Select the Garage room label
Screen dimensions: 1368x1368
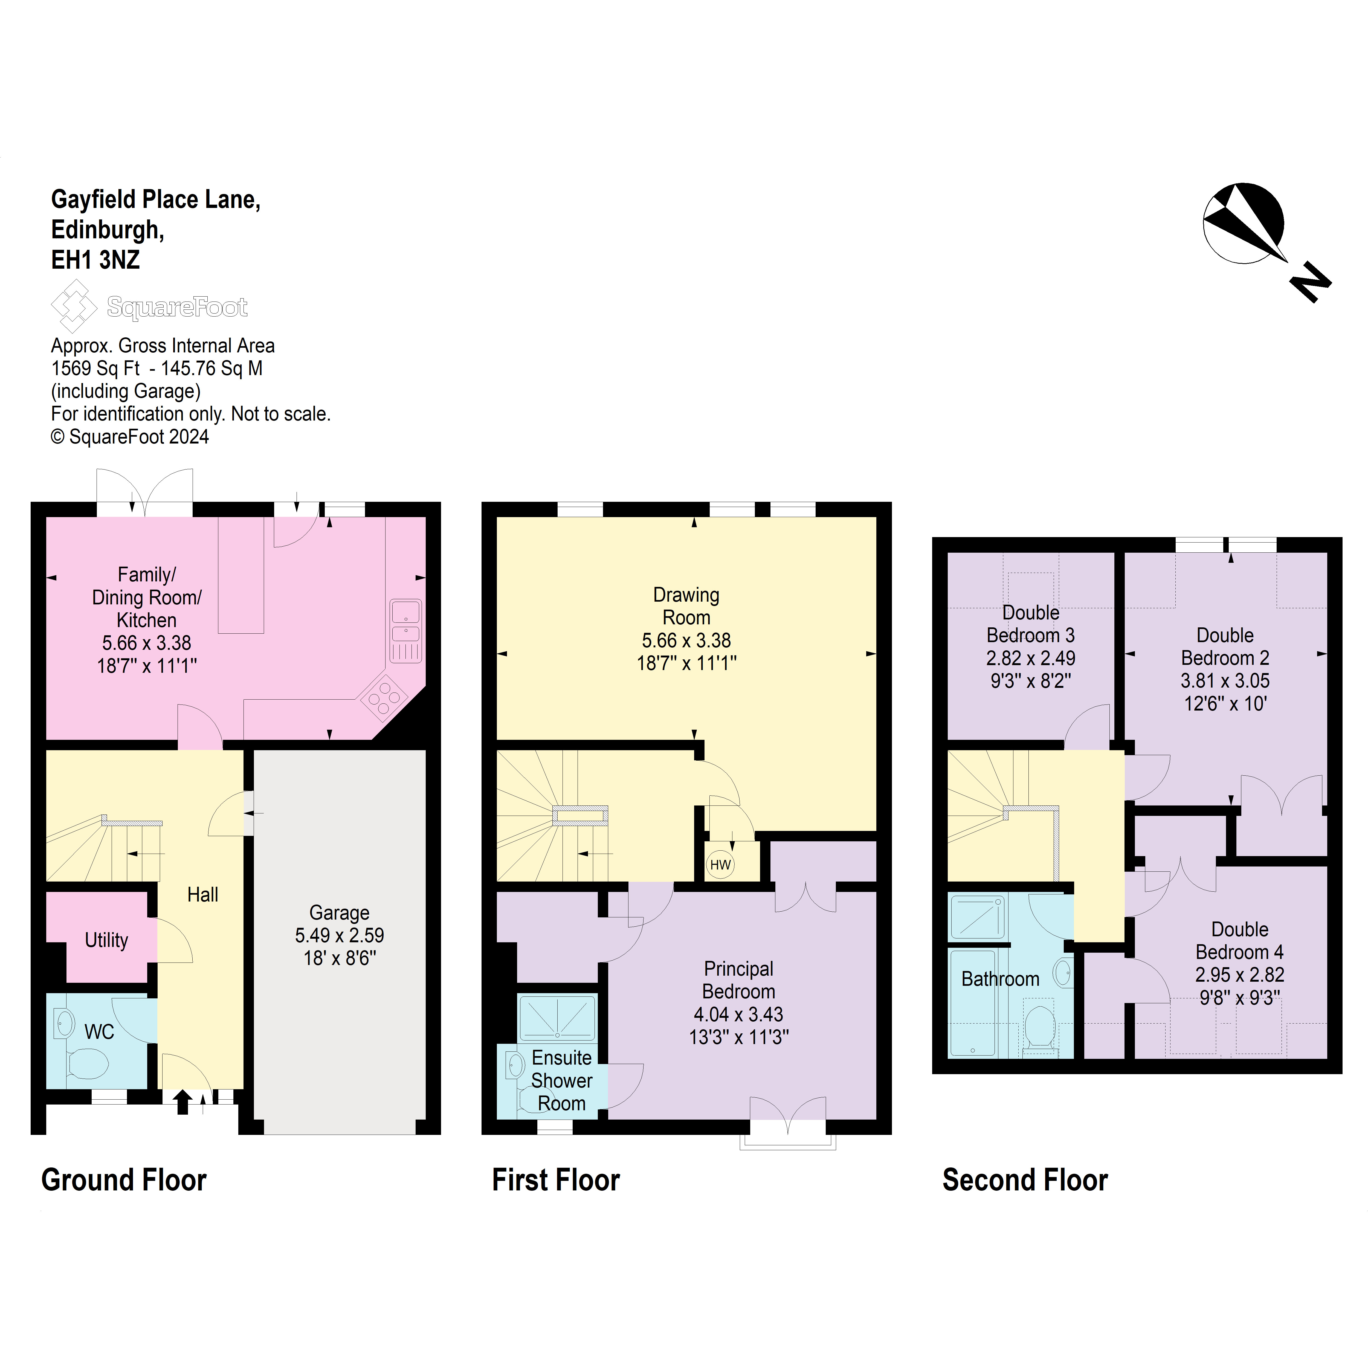point(339,913)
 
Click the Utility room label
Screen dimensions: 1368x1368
point(106,940)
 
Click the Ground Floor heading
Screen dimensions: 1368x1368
point(124,1180)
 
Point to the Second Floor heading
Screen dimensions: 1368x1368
point(1025,1180)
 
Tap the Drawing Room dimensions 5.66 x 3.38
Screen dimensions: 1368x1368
point(686,641)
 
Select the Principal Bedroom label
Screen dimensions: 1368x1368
point(738,980)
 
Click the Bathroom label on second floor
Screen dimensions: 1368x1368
point(1000,979)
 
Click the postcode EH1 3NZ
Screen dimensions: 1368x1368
point(95,260)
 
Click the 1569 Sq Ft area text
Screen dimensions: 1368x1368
point(95,368)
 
